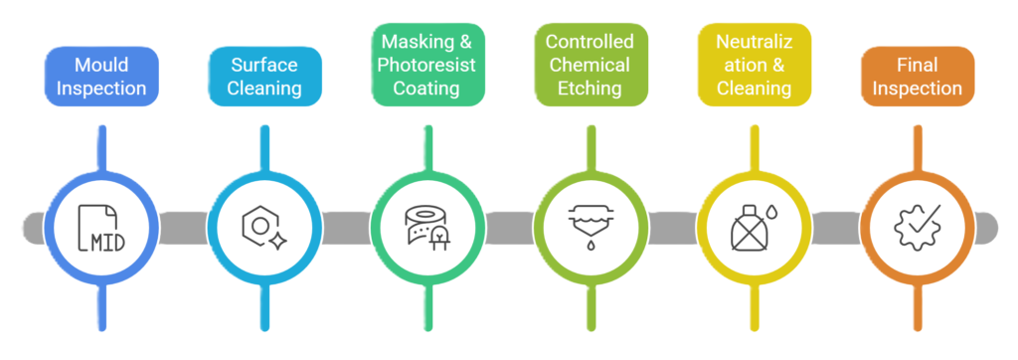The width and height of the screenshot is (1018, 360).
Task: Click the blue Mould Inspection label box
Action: tap(101, 77)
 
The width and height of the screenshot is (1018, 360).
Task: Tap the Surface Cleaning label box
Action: tap(265, 77)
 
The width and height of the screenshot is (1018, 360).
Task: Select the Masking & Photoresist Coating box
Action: tap(428, 65)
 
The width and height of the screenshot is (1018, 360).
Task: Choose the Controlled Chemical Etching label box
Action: tap(591, 65)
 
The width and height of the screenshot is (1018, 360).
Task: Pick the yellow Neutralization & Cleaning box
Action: tap(753, 65)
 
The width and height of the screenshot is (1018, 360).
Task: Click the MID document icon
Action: tap(102, 228)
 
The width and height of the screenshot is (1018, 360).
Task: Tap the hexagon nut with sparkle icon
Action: tap(265, 228)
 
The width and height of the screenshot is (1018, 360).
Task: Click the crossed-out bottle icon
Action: tap(753, 228)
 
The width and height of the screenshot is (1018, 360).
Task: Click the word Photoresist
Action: tap(428, 65)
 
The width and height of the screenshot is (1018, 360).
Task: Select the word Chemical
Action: tap(591, 65)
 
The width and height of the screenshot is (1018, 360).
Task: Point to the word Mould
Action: tap(101, 65)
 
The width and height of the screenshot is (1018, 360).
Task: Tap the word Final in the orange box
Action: tap(916, 65)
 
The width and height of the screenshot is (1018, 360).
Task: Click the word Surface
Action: tap(265, 65)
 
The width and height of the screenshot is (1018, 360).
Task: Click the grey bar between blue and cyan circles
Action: tap(184, 228)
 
